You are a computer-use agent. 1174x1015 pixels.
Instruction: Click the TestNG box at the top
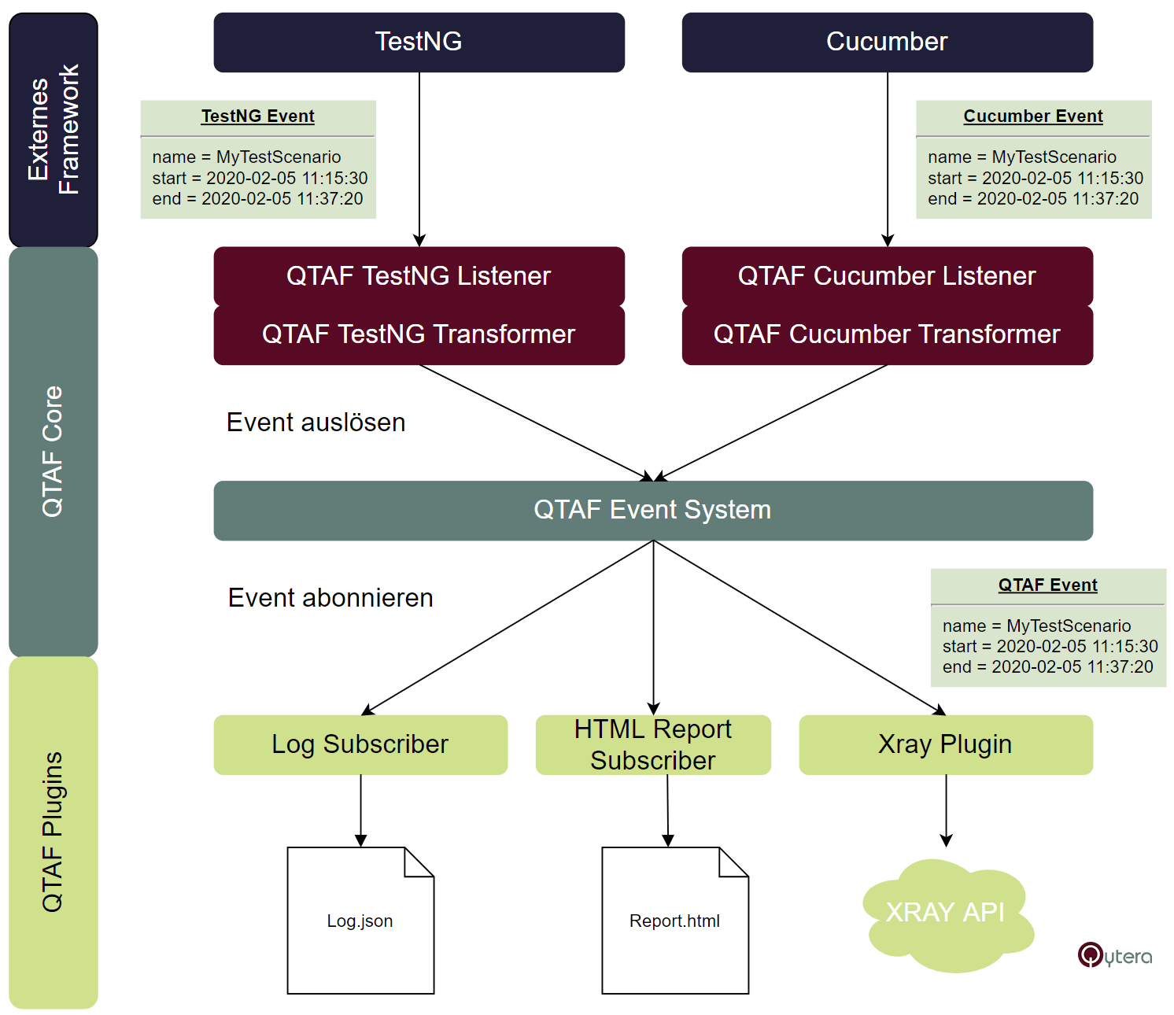coord(419,42)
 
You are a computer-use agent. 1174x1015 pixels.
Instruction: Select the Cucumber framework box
coord(887,42)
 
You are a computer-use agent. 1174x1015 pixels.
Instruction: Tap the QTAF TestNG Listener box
coord(419,276)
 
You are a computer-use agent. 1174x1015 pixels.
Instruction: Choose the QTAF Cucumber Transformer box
coord(887,334)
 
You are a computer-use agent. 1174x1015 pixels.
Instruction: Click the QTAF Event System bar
coord(652,510)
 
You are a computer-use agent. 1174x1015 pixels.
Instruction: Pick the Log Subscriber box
coord(360,744)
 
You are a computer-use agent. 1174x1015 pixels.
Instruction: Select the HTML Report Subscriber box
coord(653,744)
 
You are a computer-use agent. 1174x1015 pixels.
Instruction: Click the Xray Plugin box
coord(945,744)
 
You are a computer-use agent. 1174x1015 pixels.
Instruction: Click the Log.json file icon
coord(360,921)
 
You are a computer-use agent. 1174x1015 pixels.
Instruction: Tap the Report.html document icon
coord(675,921)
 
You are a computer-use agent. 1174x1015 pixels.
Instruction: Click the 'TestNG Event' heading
coord(258,116)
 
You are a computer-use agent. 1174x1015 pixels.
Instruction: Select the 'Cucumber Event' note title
coord(1033,116)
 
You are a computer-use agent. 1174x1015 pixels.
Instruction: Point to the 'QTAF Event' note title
coord(1048,585)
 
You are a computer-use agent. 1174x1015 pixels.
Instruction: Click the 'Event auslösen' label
coord(316,423)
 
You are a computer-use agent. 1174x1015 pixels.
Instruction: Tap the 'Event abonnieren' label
coord(330,598)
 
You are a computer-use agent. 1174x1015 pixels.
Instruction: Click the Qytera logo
coord(1114,955)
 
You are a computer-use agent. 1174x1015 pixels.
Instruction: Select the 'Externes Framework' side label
coord(54,130)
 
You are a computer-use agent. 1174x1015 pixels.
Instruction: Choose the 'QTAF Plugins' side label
coord(54,832)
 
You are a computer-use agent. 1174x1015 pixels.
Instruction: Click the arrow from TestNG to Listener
coord(419,157)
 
